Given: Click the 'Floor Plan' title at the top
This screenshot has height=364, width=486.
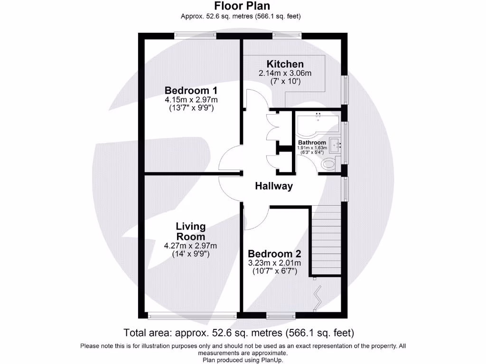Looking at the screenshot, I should (242, 6).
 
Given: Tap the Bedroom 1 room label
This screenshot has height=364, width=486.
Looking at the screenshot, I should (191, 90).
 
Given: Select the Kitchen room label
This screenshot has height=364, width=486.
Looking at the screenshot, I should (285, 64).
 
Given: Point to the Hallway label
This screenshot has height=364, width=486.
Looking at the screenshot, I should (274, 186).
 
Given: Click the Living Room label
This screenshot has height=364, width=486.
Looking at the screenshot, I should (190, 231).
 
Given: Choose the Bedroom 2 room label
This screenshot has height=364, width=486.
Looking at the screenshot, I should (274, 254).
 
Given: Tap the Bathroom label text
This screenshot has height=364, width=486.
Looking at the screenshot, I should (312, 143).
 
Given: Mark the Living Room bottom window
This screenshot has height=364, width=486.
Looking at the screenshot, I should (192, 315).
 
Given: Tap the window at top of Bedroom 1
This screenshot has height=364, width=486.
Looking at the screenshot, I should (193, 35).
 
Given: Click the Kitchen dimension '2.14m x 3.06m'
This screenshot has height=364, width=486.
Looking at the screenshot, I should (285, 73).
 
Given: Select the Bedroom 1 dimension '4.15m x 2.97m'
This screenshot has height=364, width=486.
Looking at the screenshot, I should (191, 100).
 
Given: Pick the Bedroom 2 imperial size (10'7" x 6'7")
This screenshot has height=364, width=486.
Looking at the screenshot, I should (274, 271).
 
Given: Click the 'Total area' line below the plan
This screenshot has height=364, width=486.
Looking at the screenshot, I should (239, 332).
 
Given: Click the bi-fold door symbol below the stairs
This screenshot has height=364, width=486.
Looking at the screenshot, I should (316, 298).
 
